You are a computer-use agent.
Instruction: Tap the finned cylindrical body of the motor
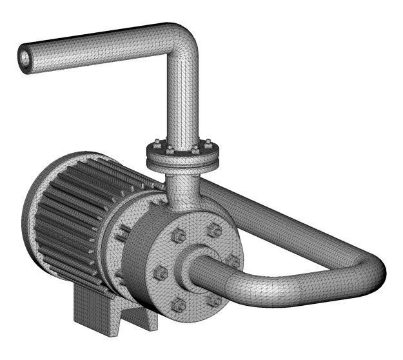click(x=71, y=206)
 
